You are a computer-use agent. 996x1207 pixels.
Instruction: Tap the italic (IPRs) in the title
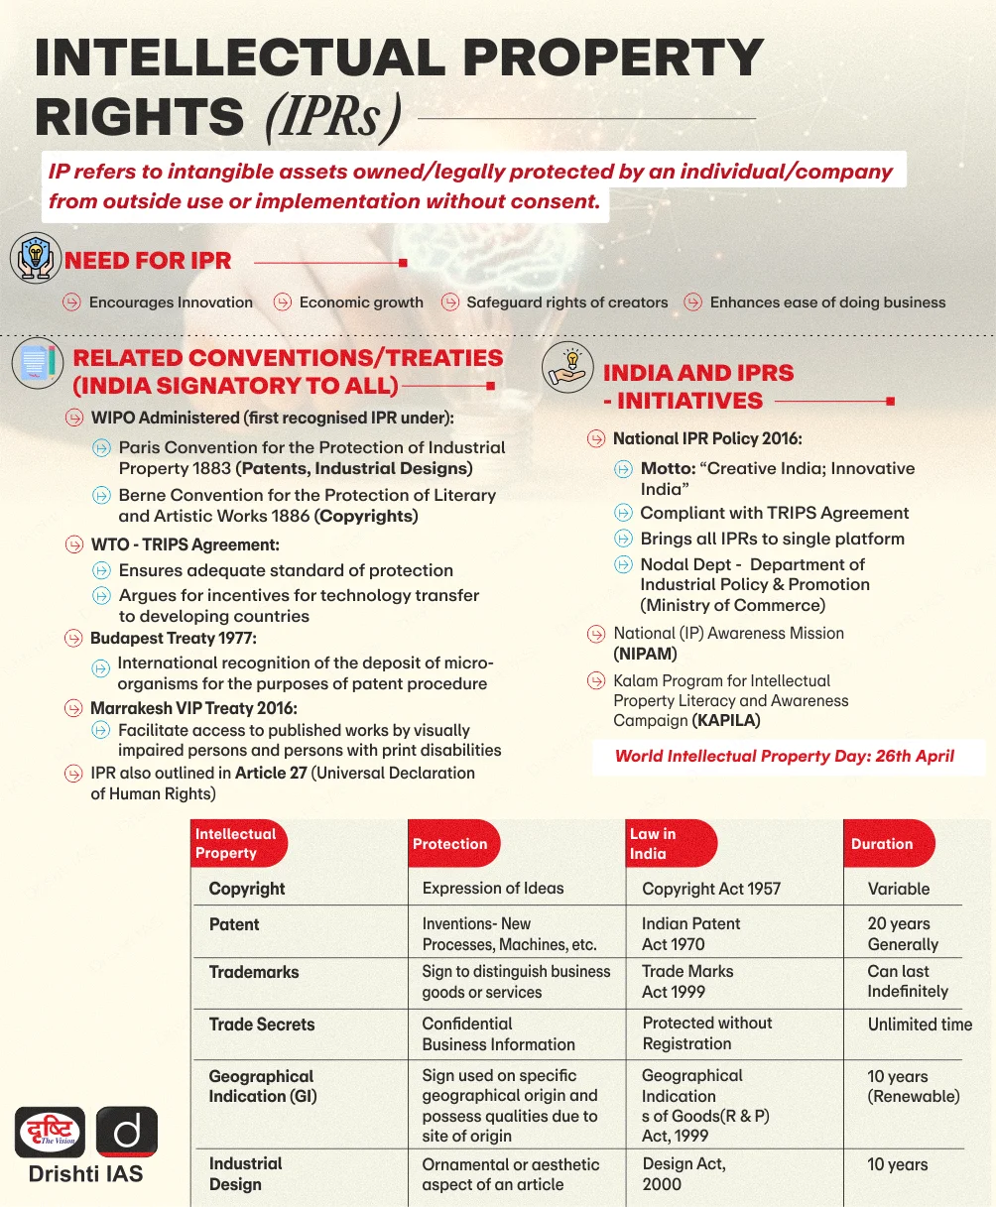pyautogui.click(x=333, y=118)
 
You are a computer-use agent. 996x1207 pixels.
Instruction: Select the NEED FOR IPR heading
pyautogui.click(x=148, y=262)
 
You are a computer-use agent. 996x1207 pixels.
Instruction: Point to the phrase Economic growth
pyautogui.click(x=361, y=302)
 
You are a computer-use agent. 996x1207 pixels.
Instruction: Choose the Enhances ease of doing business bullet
pyautogui.click(x=827, y=302)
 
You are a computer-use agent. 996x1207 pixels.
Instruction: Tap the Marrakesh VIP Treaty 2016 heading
pyautogui.click(x=193, y=708)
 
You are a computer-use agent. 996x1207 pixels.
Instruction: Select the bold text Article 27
pyautogui.click(x=271, y=773)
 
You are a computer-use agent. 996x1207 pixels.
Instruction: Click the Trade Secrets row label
pyautogui.click(x=261, y=1025)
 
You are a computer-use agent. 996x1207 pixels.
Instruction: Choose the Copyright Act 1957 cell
pyautogui.click(x=711, y=889)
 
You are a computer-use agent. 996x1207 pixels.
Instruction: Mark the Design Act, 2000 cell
pyautogui.click(x=684, y=1174)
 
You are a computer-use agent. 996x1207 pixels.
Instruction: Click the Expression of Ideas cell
pyautogui.click(x=493, y=889)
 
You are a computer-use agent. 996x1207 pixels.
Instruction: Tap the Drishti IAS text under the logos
pyautogui.click(x=85, y=1174)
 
